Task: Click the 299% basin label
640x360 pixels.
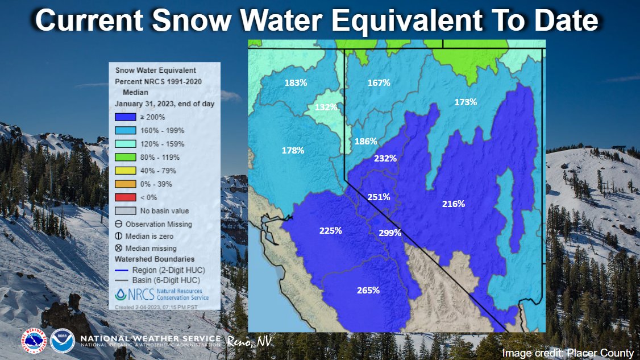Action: point(390,233)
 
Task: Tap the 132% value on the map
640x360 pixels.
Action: point(326,107)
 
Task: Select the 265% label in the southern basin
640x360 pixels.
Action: point(368,290)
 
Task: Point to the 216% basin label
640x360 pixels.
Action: point(454,204)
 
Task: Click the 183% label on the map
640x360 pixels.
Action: point(296,82)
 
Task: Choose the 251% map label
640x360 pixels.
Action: point(379,197)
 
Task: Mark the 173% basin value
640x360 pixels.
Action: point(466,102)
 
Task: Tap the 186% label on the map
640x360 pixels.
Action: point(365,141)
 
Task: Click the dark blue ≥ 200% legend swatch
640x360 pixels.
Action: point(126,117)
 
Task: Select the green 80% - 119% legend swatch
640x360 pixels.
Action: point(126,157)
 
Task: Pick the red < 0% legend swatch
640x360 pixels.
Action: point(126,197)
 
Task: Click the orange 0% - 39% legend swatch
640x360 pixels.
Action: point(126,184)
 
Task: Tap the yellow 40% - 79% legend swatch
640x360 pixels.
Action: point(126,171)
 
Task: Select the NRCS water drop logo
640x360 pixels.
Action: point(121,295)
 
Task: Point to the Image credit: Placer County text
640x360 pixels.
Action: point(567,353)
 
